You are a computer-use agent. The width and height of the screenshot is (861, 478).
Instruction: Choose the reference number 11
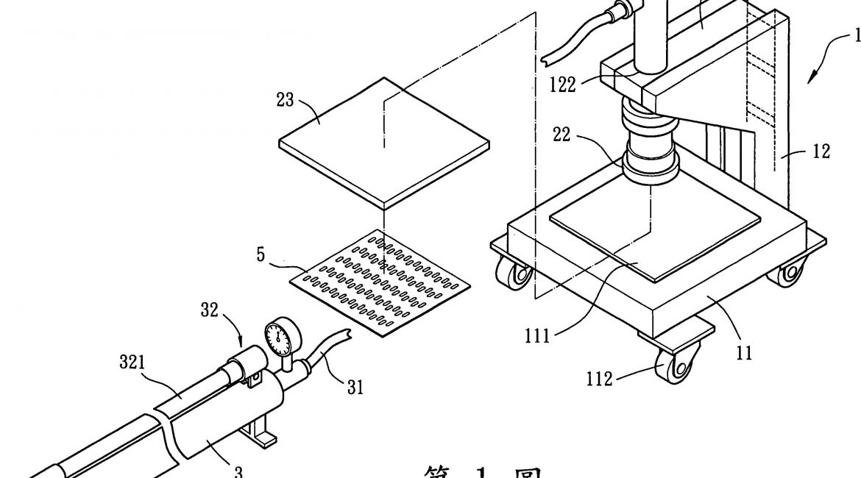tap(744, 354)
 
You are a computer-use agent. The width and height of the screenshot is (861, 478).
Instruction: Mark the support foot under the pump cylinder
tap(261, 438)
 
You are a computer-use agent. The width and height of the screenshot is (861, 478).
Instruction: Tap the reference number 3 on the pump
tap(219, 470)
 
